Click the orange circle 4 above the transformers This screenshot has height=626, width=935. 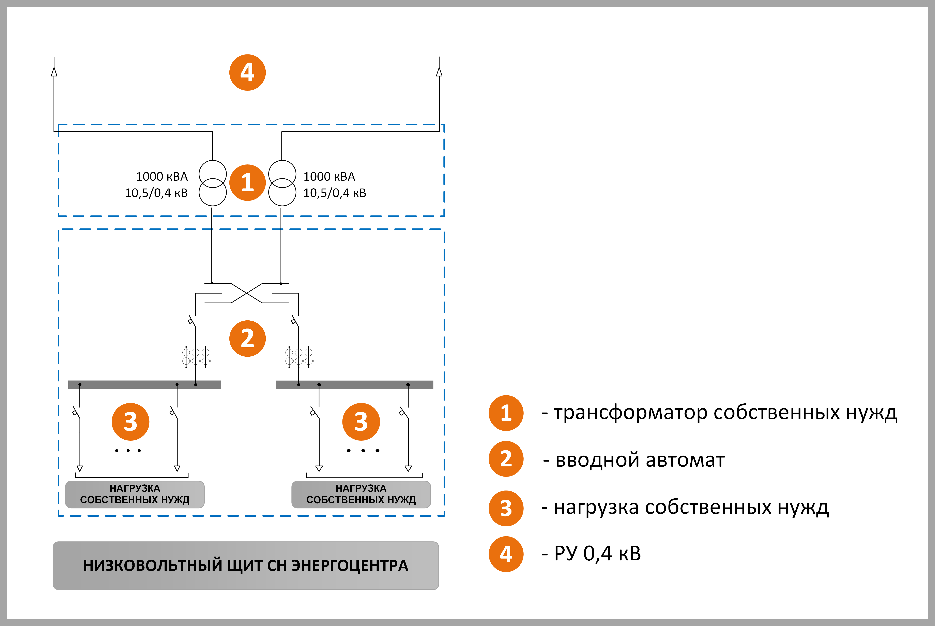pos(247,73)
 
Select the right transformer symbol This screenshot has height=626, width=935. pos(282,183)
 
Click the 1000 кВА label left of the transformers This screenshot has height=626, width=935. pos(162,176)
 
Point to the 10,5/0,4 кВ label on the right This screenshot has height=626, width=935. pos(335,193)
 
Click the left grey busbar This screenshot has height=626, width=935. pos(144,384)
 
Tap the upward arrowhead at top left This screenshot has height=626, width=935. pos(54,72)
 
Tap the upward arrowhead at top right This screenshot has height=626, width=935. pos(439,72)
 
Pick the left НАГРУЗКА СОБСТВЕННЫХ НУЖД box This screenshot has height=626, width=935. pos(135,494)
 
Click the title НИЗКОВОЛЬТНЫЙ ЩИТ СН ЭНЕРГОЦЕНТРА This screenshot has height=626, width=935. pos(246,565)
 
